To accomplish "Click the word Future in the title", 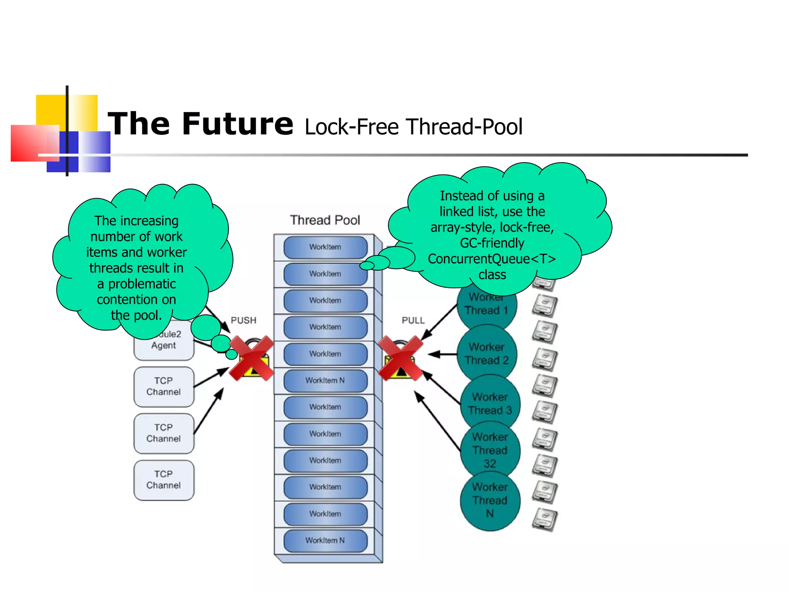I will click(237, 124).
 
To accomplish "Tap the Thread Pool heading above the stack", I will click(325, 220).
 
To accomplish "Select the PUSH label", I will click(243, 320).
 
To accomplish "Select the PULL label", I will click(413, 320).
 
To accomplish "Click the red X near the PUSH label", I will click(251, 358).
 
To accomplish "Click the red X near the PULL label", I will click(400, 358).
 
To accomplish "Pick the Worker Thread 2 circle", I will click(487, 354).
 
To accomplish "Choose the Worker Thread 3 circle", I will click(490, 404).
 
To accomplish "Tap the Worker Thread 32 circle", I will click(490, 450).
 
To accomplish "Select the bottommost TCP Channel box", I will click(164, 480).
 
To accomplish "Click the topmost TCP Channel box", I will click(164, 386).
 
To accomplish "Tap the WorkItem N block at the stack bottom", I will click(325, 540).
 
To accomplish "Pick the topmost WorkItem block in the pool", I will click(325, 247).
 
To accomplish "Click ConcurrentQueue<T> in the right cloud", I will click(492, 259).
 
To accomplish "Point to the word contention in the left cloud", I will click(136, 299).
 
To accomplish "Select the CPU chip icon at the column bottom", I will click(544, 519).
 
